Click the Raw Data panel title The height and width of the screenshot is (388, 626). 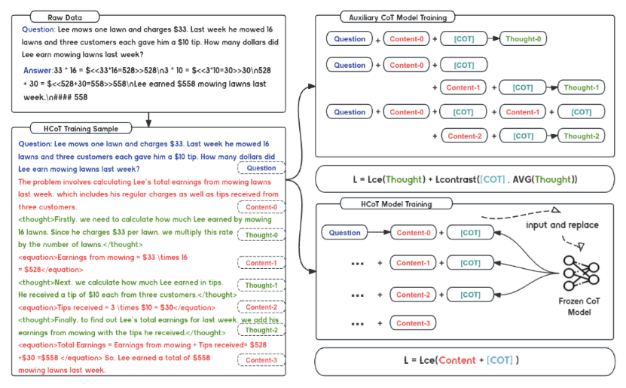pos(65,17)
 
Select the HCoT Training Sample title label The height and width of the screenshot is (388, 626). pos(81,129)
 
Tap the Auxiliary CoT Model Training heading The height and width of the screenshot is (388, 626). pos(398,17)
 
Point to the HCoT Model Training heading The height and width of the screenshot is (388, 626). pos(396,204)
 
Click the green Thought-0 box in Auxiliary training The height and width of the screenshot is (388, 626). pos(523,38)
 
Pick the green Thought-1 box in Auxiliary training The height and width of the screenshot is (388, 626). pos(582,87)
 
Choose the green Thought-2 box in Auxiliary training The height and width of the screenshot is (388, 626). pos(582,136)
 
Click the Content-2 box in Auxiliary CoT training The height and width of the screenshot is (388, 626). pos(465,136)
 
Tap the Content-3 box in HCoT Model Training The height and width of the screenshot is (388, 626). pos(413,323)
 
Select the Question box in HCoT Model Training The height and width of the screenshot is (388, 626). pos(344,232)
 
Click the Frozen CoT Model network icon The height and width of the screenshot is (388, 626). pos(581,273)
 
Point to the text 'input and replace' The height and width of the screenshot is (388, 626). pos(562,225)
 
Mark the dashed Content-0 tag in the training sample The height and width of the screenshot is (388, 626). pos(261,206)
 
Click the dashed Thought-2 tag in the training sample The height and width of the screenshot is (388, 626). pos(261,330)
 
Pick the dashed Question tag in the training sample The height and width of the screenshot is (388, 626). pos(261,168)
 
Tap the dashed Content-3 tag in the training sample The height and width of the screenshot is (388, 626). pos(261,359)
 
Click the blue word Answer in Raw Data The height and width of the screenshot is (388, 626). pos(38,70)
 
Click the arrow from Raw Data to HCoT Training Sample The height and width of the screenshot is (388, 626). pos(148,119)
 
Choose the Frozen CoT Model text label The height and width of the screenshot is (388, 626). pos(579,307)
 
